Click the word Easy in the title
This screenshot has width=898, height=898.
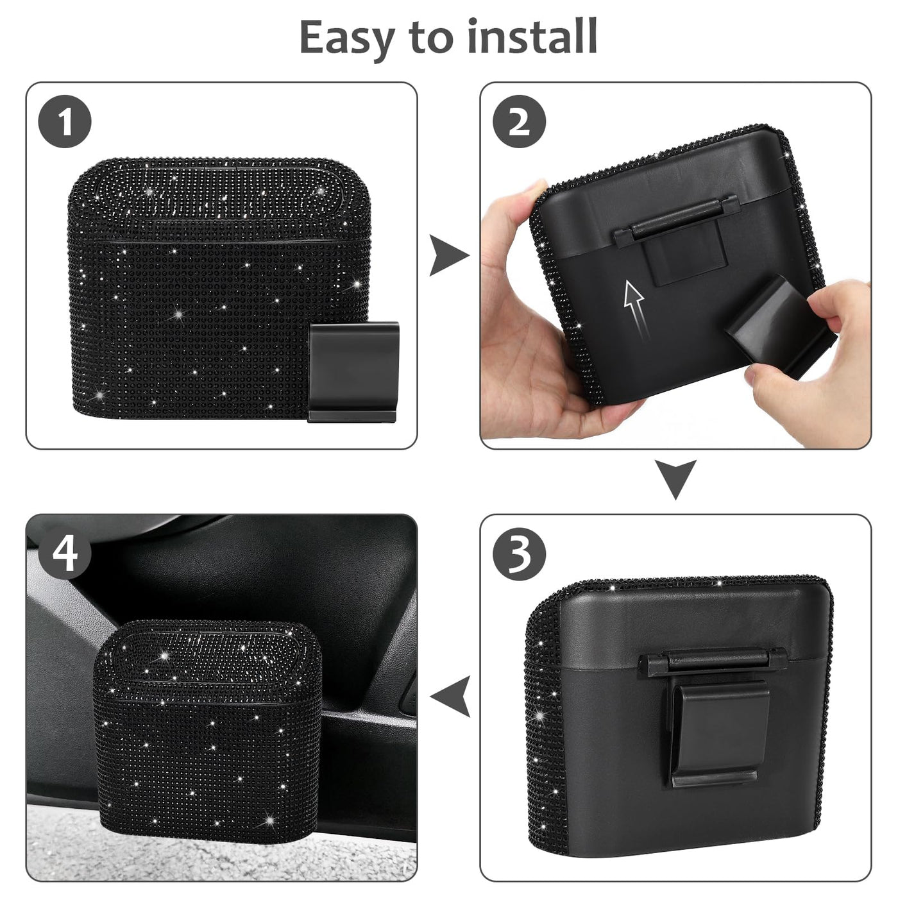[346, 38]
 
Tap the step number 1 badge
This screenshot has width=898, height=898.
[65, 122]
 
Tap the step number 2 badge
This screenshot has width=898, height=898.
[519, 122]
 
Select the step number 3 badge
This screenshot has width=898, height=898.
[519, 554]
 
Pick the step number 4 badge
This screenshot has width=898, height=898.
[65, 554]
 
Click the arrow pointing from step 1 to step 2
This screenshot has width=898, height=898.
[448, 255]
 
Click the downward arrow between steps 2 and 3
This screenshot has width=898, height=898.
[675, 480]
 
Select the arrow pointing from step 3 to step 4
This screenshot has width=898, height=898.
[450, 697]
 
